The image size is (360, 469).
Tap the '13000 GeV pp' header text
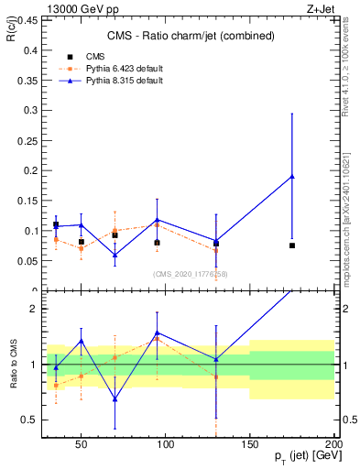(x=79, y=9)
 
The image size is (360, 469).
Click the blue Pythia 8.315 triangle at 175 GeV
(x=292, y=176)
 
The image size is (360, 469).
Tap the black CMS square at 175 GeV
(x=292, y=245)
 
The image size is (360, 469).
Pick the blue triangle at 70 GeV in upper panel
(x=115, y=255)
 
